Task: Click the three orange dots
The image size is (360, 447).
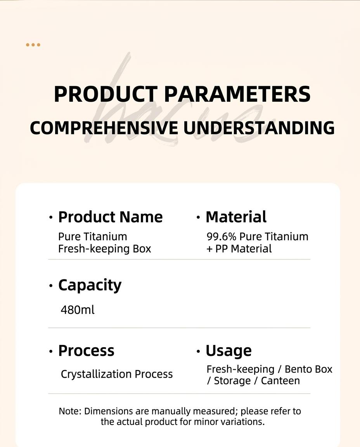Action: tap(33, 45)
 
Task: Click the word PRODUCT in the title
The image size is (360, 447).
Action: tap(106, 94)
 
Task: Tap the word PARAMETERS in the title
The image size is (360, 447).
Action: tap(237, 94)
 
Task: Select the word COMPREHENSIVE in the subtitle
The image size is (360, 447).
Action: tap(104, 128)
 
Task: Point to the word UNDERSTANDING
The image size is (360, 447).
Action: tap(259, 128)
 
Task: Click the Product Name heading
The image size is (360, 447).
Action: tap(111, 217)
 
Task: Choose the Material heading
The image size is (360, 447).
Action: tap(236, 217)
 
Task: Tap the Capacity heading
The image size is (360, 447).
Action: tap(90, 285)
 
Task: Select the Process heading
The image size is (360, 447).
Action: tap(87, 351)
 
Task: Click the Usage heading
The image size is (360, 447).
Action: tap(228, 351)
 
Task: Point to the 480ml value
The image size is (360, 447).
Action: tap(78, 310)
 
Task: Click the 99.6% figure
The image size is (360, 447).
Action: tap(222, 237)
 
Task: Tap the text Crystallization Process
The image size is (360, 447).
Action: tap(117, 374)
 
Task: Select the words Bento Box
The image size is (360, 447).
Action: tap(308, 369)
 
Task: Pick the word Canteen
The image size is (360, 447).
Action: tap(280, 381)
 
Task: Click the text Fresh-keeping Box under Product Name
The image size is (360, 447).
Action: tap(105, 249)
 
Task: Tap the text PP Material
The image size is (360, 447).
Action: tap(243, 249)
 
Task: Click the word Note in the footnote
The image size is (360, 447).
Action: tap(70, 411)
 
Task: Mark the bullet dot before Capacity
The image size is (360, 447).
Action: tap(51, 286)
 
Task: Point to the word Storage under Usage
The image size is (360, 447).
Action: tap(232, 381)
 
